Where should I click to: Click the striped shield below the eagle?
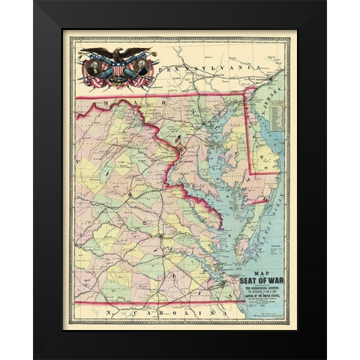tap(120, 68)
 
